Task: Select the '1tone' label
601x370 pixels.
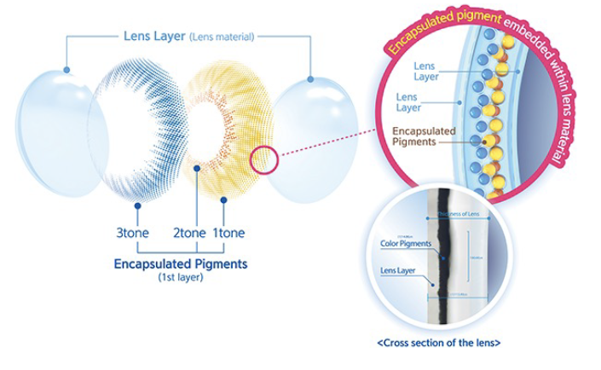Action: coord(228,233)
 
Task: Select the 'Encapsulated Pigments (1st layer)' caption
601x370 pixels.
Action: coord(181,269)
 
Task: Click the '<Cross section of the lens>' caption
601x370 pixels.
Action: coord(438,343)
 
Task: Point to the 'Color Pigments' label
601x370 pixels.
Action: coord(407,244)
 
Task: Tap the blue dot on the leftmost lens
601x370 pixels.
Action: coord(66,72)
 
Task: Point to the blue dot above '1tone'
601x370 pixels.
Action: coord(223,200)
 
